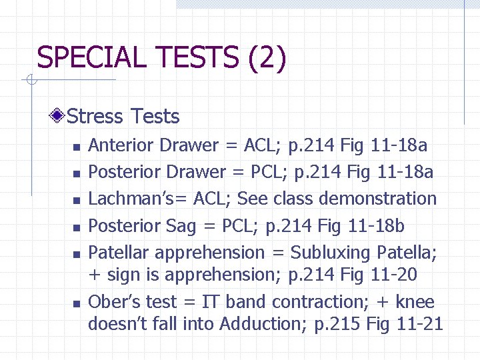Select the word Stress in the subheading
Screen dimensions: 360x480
pyautogui.click(x=96, y=117)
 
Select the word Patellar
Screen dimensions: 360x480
pyautogui.click(x=120, y=253)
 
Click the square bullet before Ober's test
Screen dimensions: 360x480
pyautogui.click(x=77, y=303)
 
